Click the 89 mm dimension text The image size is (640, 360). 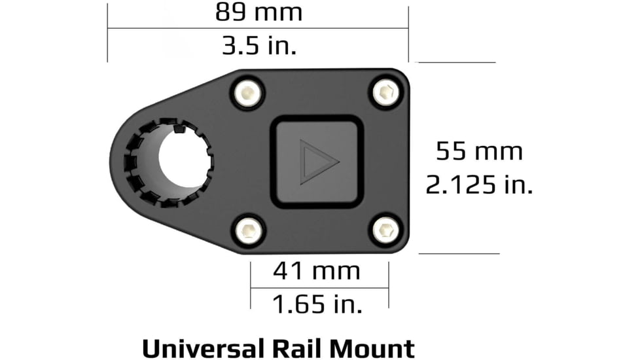coord(258,12)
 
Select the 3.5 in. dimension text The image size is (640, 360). coord(258,46)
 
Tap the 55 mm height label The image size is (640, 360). coord(479,152)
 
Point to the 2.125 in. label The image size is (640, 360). coord(479,186)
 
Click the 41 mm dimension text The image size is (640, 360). coord(316,270)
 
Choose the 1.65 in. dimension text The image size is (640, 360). coord(316,304)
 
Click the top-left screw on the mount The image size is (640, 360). coord(248,93)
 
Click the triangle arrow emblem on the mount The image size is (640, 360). coord(318,161)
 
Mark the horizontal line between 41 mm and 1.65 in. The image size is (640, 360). coord(319,287)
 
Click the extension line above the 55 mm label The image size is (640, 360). coord(456,63)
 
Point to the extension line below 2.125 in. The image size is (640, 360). coord(459,253)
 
